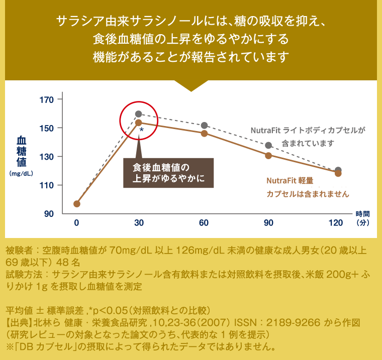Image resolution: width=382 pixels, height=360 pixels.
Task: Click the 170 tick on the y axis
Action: click(46, 99)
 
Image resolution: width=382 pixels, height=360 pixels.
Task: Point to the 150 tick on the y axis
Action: click(46, 128)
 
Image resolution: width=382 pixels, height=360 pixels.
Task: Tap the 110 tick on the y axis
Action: click(46, 185)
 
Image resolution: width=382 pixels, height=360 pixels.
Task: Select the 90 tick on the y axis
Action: click(48, 214)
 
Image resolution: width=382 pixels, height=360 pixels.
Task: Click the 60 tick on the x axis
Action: click(204, 222)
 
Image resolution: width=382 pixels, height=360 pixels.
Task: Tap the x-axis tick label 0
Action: click(76, 222)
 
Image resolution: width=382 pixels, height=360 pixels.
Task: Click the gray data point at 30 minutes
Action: click(139, 114)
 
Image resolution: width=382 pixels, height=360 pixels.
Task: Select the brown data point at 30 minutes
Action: click(139, 123)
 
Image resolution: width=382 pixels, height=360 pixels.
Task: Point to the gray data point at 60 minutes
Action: click(204, 125)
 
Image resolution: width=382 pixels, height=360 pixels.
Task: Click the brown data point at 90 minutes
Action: click(268, 156)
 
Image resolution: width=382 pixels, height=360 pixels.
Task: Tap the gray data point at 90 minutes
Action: click(268, 146)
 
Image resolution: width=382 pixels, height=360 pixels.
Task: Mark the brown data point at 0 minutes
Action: click(76, 204)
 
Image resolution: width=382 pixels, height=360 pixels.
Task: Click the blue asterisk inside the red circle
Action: click(142, 130)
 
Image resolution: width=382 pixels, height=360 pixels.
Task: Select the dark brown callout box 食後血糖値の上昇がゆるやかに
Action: click(168, 173)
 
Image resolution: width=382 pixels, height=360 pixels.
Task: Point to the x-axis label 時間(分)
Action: click(362, 217)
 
